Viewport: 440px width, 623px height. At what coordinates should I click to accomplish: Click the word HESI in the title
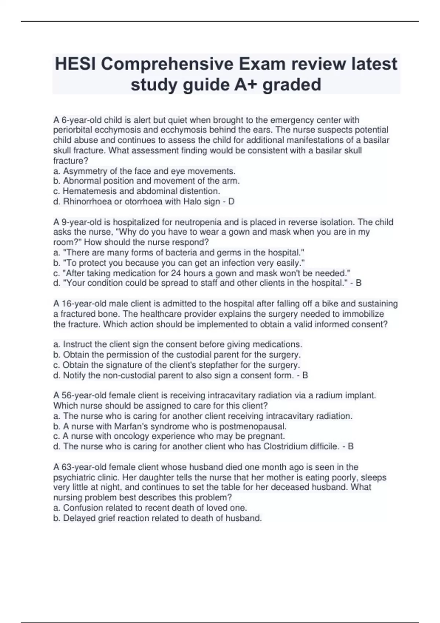[x=75, y=64]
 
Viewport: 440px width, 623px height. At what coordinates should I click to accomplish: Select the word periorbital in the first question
[x=73, y=130]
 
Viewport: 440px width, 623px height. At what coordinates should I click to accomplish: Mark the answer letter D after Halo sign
[x=231, y=202]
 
